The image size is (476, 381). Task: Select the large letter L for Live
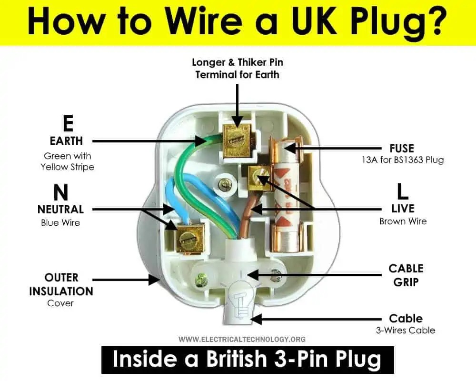tap(403, 191)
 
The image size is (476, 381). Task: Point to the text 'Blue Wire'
tap(61, 222)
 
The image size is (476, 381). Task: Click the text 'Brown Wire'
tap(403, 221)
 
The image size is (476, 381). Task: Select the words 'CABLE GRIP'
tap(406, 275)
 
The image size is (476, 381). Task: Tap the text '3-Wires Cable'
tap(406, 330)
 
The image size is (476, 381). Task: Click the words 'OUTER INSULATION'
tap(61, 284)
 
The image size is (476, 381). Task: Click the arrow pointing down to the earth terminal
tap(237, 102)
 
